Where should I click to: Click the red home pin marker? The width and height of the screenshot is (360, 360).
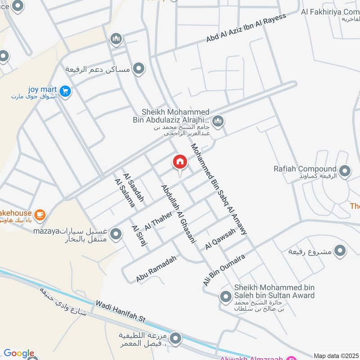pos(180,162)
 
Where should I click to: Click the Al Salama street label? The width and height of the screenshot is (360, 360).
pos(125,193)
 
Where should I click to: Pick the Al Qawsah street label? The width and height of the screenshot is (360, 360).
pos(220,239)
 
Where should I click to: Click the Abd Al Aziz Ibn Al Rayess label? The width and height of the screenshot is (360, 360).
pos(246,28)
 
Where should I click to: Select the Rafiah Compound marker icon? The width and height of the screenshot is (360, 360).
pos(345,171)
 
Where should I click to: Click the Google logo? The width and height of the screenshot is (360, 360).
pos(19,353)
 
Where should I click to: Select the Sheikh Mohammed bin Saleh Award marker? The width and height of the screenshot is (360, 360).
pos(225,297)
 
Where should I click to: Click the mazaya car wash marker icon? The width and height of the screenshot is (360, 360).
pos(116,234)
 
